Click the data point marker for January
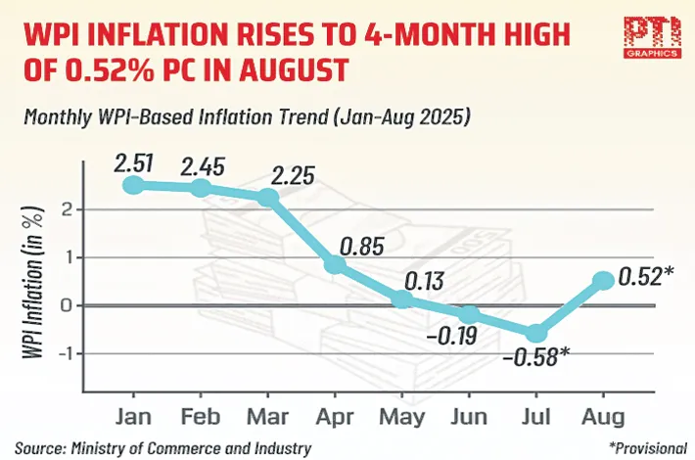134,185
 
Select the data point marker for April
334,265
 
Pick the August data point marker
603,281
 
